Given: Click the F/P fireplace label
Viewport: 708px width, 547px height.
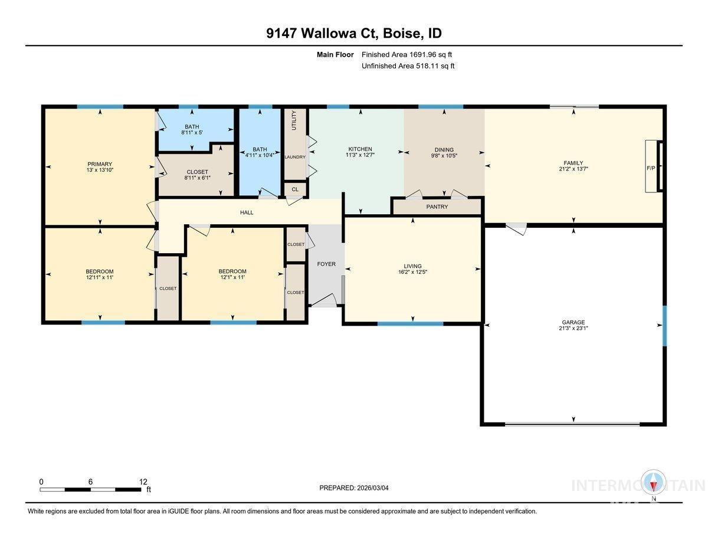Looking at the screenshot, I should (651, 168).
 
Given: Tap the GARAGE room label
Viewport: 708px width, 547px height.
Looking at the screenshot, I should (573, 322).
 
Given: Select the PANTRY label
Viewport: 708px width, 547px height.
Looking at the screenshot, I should (437, 207).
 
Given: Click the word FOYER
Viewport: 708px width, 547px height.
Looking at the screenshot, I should (326, 264).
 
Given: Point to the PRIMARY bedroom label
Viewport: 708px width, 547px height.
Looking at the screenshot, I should (100, 164).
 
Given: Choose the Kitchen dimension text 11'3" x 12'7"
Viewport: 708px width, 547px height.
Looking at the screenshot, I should (360, 155).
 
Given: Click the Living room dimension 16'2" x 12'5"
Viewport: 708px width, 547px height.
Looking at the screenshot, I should (412, 273).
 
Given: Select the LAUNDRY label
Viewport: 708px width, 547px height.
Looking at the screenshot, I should (295, 157).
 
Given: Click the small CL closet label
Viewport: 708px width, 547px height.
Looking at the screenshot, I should (295, 189).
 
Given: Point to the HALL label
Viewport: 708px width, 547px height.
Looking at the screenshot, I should (247, 212).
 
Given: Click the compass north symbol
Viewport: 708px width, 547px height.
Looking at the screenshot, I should (654, 483).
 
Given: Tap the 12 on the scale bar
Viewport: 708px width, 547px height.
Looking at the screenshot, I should (143, 482).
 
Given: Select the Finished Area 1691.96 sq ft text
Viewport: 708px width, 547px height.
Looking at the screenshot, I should (407, 55).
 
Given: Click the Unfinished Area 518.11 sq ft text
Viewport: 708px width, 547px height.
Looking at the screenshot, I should (408, 66).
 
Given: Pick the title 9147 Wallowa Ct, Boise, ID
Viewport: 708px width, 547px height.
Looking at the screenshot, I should (353, 33).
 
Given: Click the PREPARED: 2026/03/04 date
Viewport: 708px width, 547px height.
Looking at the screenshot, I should (354, 488).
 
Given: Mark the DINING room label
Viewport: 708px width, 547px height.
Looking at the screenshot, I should (444, 149).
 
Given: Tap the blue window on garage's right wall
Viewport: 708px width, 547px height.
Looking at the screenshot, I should (664, 325).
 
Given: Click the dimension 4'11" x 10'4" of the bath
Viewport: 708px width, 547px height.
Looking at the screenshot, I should (260, 155).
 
